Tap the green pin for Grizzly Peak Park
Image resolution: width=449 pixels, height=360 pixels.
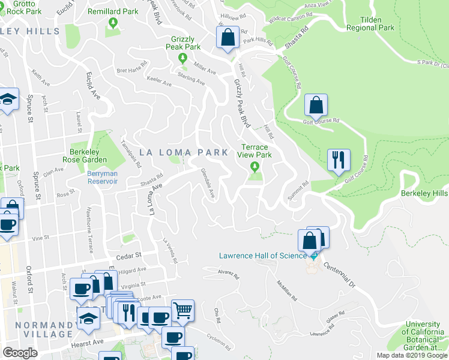click(183, 58)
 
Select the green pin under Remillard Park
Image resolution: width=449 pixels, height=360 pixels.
click(113, 23)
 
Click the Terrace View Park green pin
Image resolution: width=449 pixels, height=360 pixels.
click(256, 166)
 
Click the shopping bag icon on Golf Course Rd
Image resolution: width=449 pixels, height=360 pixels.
click(316, 106)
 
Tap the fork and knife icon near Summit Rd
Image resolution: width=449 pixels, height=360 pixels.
click(339, 160)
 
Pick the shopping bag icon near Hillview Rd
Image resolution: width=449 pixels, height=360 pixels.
click(228, 38)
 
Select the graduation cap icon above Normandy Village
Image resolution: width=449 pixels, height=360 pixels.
click(88, 318)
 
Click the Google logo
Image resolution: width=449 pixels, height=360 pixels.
click(20, 353)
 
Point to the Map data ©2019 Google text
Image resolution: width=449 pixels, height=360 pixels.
click(412, 355)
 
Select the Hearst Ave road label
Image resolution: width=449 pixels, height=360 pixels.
click(89, 343)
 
